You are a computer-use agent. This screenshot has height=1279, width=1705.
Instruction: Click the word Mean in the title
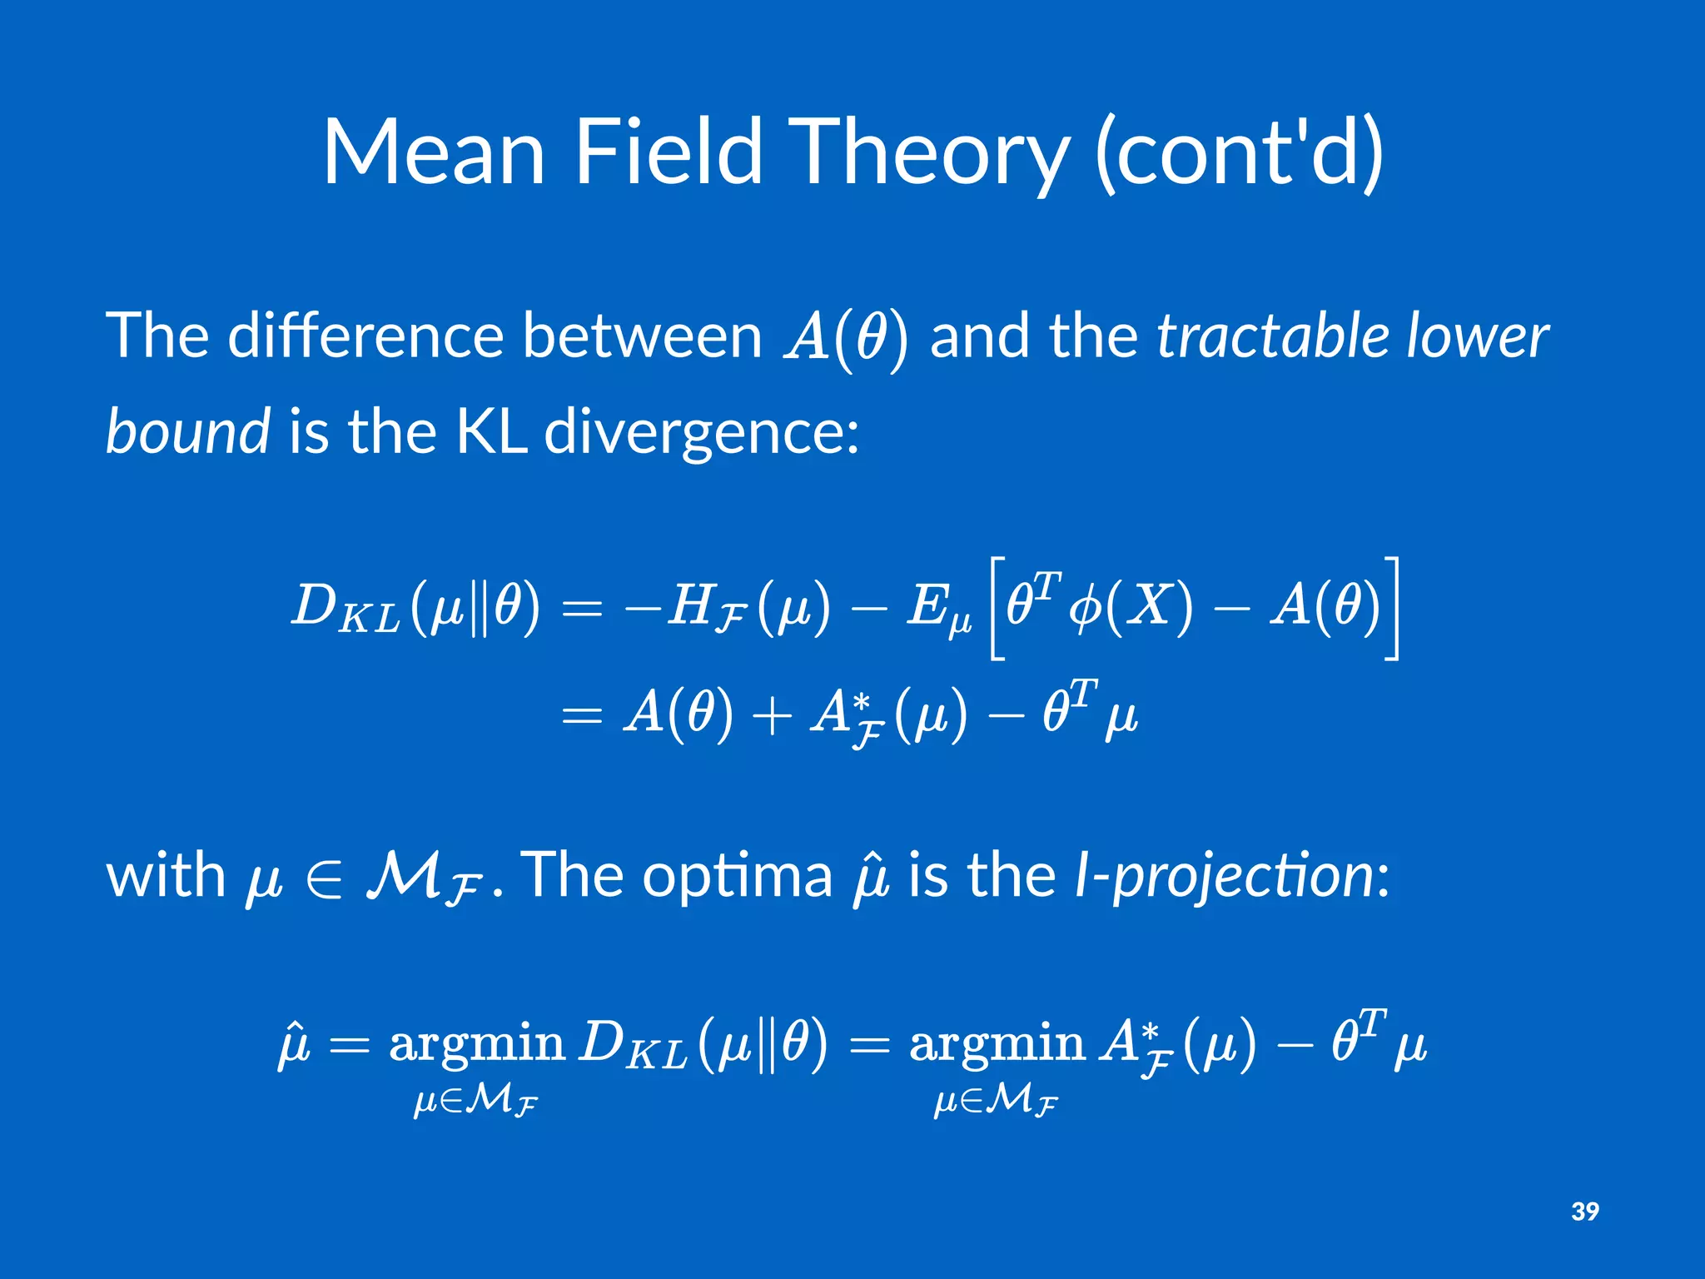[434, 152]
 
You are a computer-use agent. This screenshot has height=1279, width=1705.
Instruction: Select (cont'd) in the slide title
[1239, 152]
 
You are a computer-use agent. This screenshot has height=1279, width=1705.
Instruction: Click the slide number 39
[1584, 1211]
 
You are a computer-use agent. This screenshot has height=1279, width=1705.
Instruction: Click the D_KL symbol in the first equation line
[345, 606]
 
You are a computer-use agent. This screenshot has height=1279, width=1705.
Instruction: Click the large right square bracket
[1392, 608]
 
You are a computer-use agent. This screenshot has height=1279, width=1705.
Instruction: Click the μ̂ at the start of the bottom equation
[293, 1045]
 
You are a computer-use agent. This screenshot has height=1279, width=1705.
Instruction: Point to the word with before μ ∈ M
[166, 876]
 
